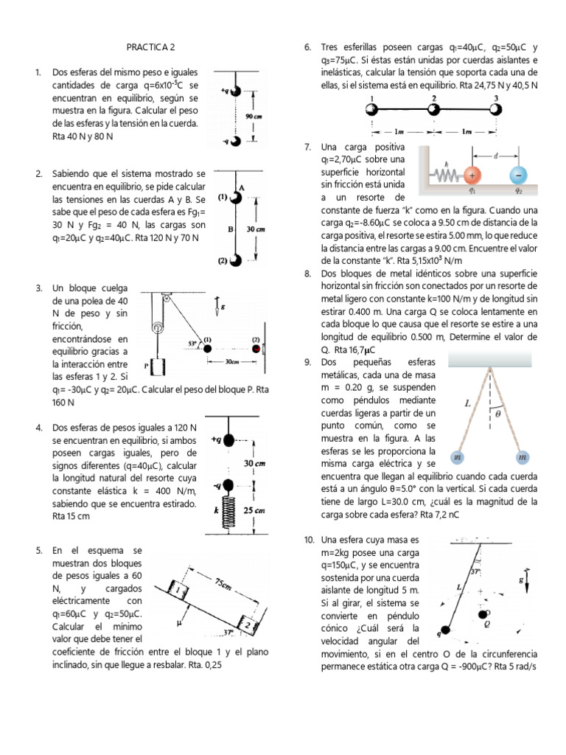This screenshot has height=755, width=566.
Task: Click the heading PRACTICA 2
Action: coord(150,47)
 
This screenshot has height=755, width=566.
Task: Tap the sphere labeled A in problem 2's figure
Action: coord(237,197)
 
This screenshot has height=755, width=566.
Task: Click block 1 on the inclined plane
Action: coord(177,590)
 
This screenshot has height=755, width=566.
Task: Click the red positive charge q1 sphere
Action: coord(472,175)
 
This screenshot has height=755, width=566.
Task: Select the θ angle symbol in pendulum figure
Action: coord(499,414)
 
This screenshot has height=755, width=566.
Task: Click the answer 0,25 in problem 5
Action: coord(211,664)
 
